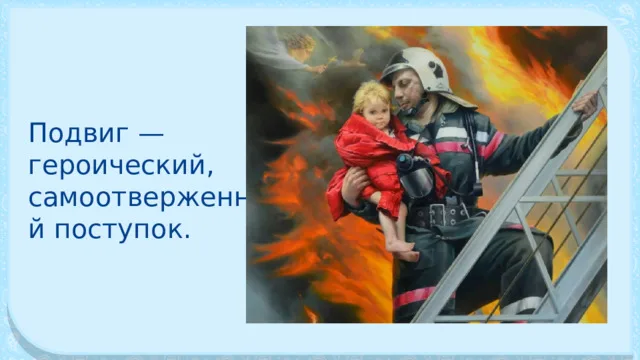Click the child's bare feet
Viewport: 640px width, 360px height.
[x=403, y=250]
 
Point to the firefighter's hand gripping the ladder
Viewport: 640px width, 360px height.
[x=585, y=103]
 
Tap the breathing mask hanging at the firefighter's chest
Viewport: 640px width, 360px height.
[x=416, y=176]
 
